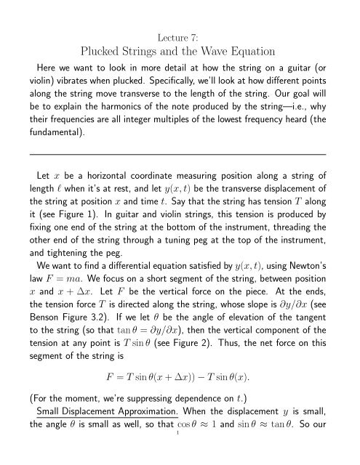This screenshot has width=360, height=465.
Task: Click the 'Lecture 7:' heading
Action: click(179, 14)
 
